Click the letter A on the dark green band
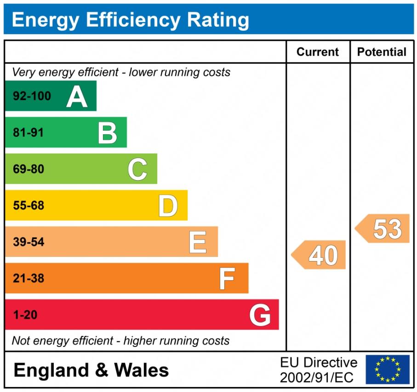point(77,97)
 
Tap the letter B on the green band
point(107,133)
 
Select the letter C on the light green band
point(137,169)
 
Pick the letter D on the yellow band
point(168,205)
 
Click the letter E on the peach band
point(198,242)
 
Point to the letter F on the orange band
point(227,278)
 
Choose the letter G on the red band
point(260,315)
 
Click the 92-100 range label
point(32,97)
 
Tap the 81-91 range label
point(29,133)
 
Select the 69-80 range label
point(29,169)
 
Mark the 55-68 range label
point(29,205)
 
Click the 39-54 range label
point(29,242)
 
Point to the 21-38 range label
point(29,278)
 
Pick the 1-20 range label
point(25,315)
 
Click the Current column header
point(318,52)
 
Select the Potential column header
point(382,52)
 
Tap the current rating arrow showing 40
point(319,255)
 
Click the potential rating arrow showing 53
point(383,228)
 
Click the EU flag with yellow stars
point(388,369)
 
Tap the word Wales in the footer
point(141,370)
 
